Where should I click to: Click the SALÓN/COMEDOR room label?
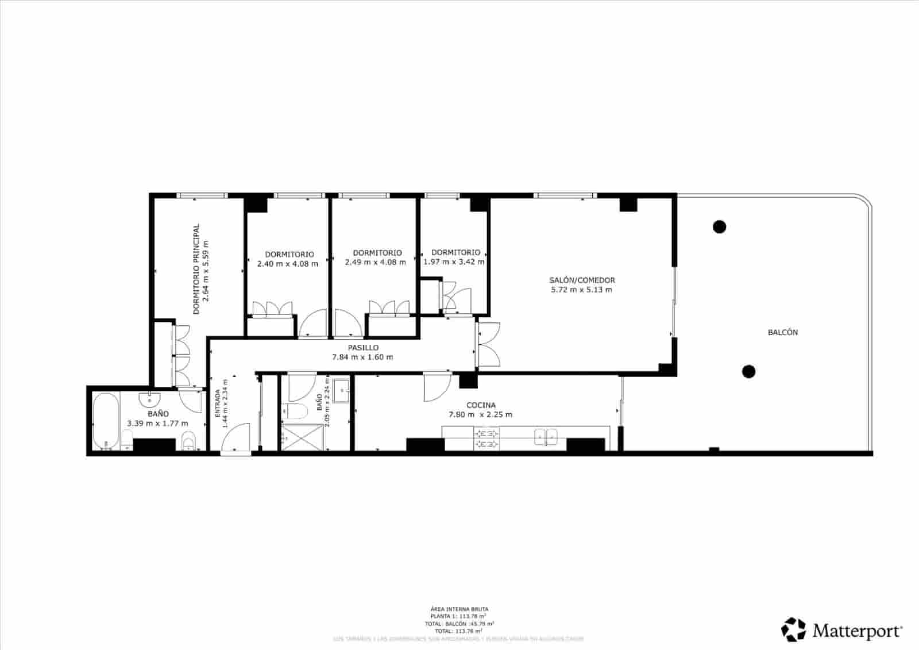click(582, 280)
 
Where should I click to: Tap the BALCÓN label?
click(782, 332)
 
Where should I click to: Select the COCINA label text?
click(481, 405)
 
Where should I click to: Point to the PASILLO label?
click(363, 348)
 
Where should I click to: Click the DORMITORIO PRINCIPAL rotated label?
click(196, 269)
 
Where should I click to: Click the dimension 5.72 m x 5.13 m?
click(581, 290)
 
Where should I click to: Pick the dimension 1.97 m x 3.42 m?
click(454, 261)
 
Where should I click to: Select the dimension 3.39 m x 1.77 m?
click(157, 424)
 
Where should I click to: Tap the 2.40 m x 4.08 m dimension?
click(287, 264)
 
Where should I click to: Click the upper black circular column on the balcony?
click(719, 226)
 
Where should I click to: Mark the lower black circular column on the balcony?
click(748, 371)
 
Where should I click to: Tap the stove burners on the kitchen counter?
click(486, 439)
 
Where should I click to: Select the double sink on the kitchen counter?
click(546, 437)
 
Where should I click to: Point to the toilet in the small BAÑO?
click(295, 411)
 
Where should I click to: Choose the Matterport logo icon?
click(794, 630)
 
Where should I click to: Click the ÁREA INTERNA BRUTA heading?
click(459, 609)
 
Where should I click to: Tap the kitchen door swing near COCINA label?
click(433, 388)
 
